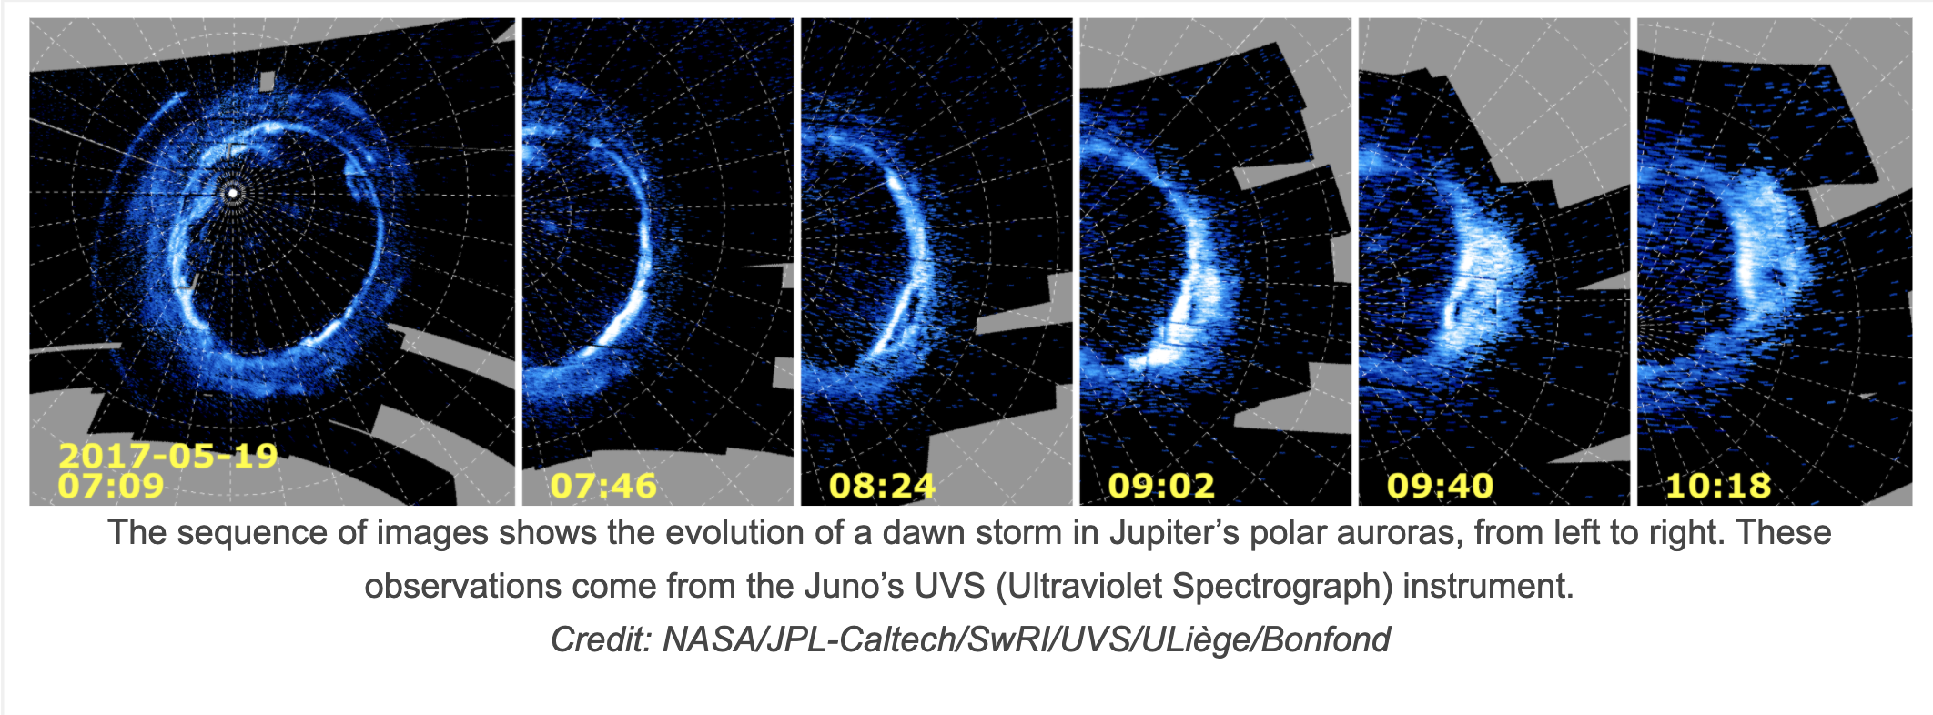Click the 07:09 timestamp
[x=111, y=485]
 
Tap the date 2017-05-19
[x=168, y=455]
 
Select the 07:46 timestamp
[x=603, y=486]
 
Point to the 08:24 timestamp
[x=882, y=486]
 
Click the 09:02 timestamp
[x=1161, y=486]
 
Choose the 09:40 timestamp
[x=1440, y=486]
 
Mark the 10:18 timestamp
[x=1718, y=486]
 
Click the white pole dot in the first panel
[x=233, y=193]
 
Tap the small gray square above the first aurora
[x=267, y=81]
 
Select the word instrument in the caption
[x=1488, y=586]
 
